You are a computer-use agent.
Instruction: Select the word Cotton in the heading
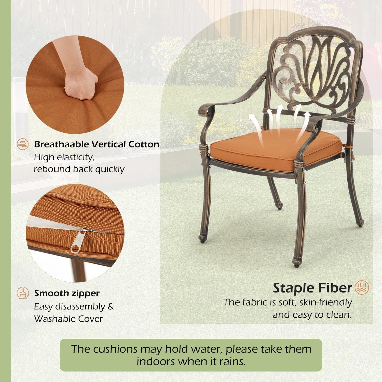(144, 144)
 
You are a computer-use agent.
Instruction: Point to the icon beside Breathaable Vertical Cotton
(23, 144)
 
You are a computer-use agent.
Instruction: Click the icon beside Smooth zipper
(23, 293)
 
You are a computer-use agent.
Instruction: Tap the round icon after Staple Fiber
(362, 288)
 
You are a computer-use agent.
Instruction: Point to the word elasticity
(75, 158)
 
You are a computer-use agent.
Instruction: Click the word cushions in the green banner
(116, 349)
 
